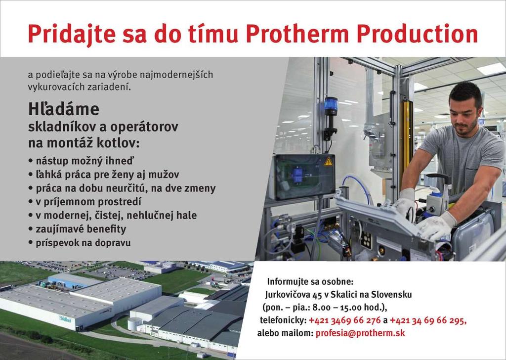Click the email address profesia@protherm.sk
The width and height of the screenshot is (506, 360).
coord(360,333)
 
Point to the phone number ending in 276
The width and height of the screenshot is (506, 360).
coord(344,320)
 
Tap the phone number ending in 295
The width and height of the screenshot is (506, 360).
coord(428,320)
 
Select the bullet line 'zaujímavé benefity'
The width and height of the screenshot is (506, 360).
coord(81,229)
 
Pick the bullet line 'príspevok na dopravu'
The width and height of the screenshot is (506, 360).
coord(83,242)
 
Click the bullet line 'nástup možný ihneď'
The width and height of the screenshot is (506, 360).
coord(84,160)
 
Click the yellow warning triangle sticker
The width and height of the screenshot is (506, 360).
coord(328,161)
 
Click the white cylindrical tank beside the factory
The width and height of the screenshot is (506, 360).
coord(135,324)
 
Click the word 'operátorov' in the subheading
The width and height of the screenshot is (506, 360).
coord(144,127)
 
